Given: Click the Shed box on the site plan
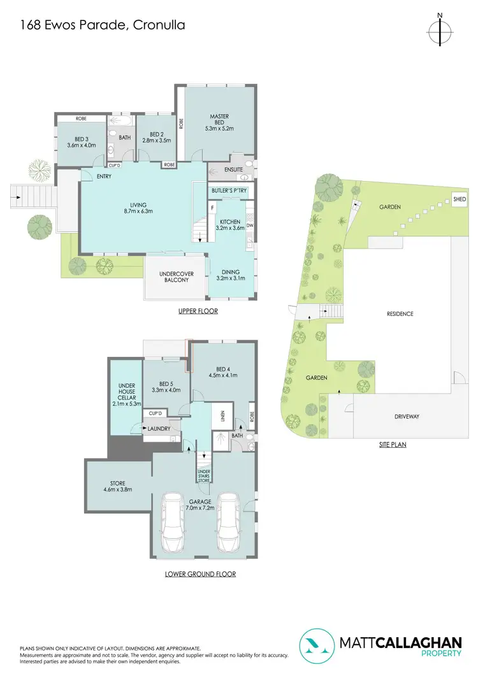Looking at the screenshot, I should (x=460, y=199).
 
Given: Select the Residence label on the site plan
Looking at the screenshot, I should (x=400, y=313).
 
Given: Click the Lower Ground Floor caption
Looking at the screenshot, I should (x=200, y=574).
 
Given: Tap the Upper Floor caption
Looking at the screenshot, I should (x=198, y=312).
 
